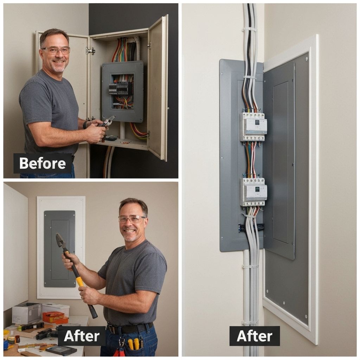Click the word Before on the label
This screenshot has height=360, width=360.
(x=43, y=163)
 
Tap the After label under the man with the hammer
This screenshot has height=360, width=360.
(x=82, y=336)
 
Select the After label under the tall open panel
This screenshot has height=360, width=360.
(x=255, y=336)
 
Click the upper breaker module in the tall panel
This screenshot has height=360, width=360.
(x=253, y=126)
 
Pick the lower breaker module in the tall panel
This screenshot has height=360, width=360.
(x=253, y=192)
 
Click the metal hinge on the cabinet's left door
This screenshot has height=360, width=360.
(x=90, y=51)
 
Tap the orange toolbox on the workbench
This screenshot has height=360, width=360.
(x=55, y=317)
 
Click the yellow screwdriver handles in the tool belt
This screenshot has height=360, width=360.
(x=134, y=344)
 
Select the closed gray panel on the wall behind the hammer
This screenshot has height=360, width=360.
(x=59, y=249)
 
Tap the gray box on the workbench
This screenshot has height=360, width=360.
(x=27, y=313)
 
